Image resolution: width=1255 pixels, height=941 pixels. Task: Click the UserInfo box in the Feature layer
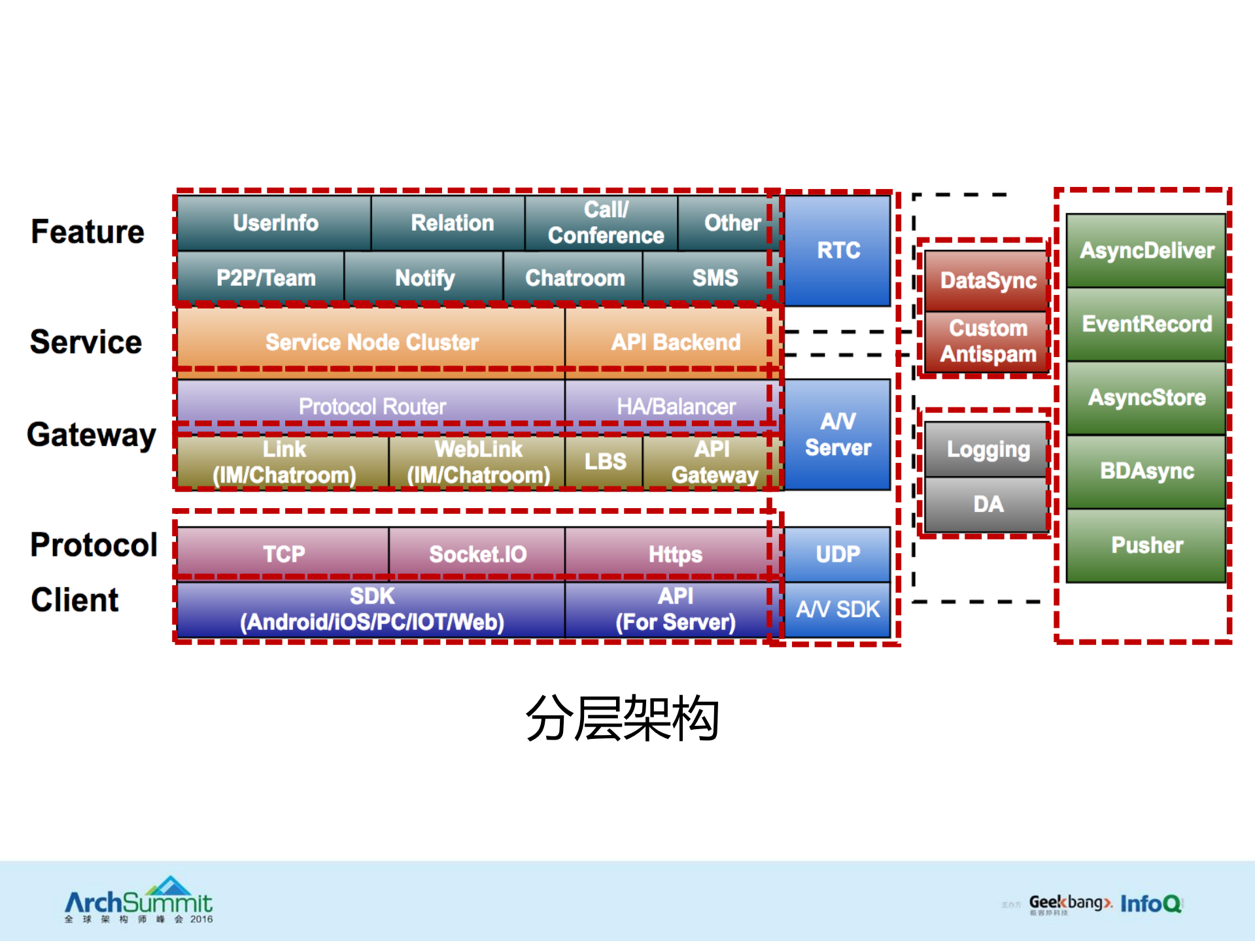click(275, 223)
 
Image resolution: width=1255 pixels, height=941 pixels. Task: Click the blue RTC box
click(838, 250)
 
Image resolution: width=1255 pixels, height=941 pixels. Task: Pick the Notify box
click(424, 278)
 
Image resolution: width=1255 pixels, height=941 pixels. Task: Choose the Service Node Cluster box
click(371, 342)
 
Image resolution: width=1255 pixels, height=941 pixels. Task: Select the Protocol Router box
click(371, 406)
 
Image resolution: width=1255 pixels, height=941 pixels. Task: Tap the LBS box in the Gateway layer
click(604, 462)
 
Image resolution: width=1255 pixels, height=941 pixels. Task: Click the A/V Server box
click(838, 434)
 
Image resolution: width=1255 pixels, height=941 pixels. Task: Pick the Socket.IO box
click(477, 554)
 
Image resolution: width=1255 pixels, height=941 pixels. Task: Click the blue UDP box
click(838, 554)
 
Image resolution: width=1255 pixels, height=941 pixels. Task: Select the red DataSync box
click(988, 281)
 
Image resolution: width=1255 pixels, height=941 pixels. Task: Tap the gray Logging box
click(988, 449)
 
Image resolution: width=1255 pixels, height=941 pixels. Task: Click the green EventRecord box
click(1146, 324)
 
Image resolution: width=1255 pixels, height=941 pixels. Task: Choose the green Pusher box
click(1146, 545)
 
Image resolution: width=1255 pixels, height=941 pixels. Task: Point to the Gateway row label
click(92, 435)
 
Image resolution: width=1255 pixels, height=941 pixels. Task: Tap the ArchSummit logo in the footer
click(139, 901)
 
